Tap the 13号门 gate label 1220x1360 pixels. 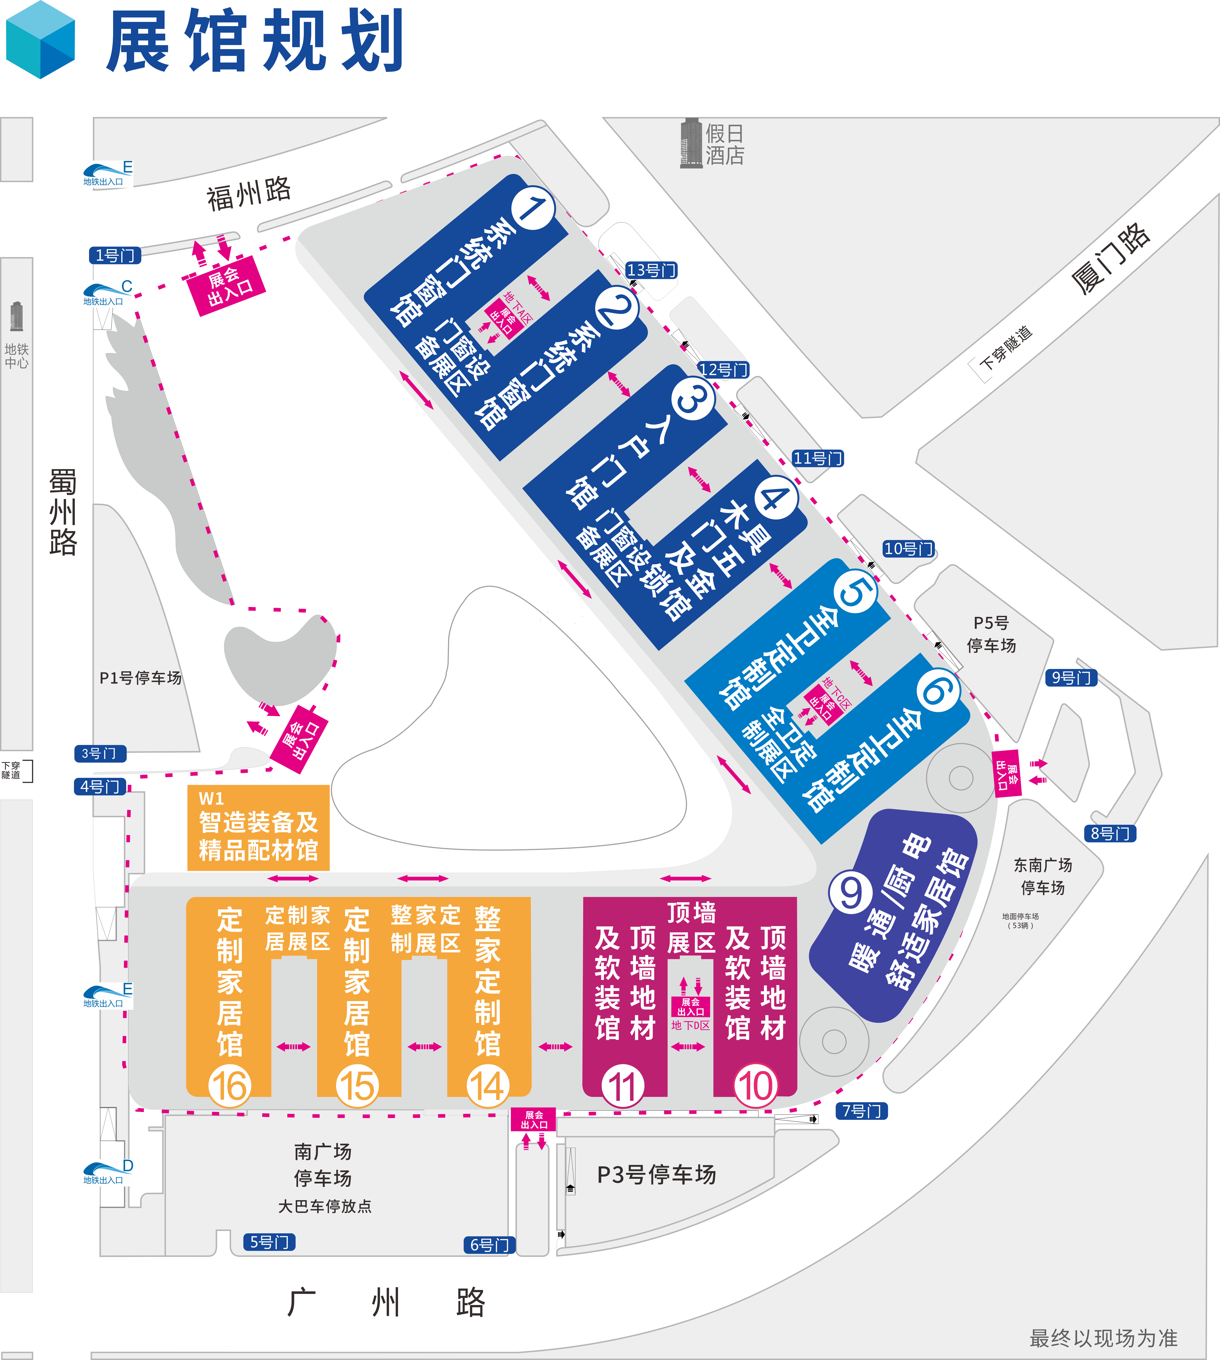[651, 270]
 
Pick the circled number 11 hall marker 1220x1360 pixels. [622, 1087]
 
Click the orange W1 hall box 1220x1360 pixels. [258, 828]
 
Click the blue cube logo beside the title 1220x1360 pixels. [40, 40]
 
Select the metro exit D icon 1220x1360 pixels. [107, 1172]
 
